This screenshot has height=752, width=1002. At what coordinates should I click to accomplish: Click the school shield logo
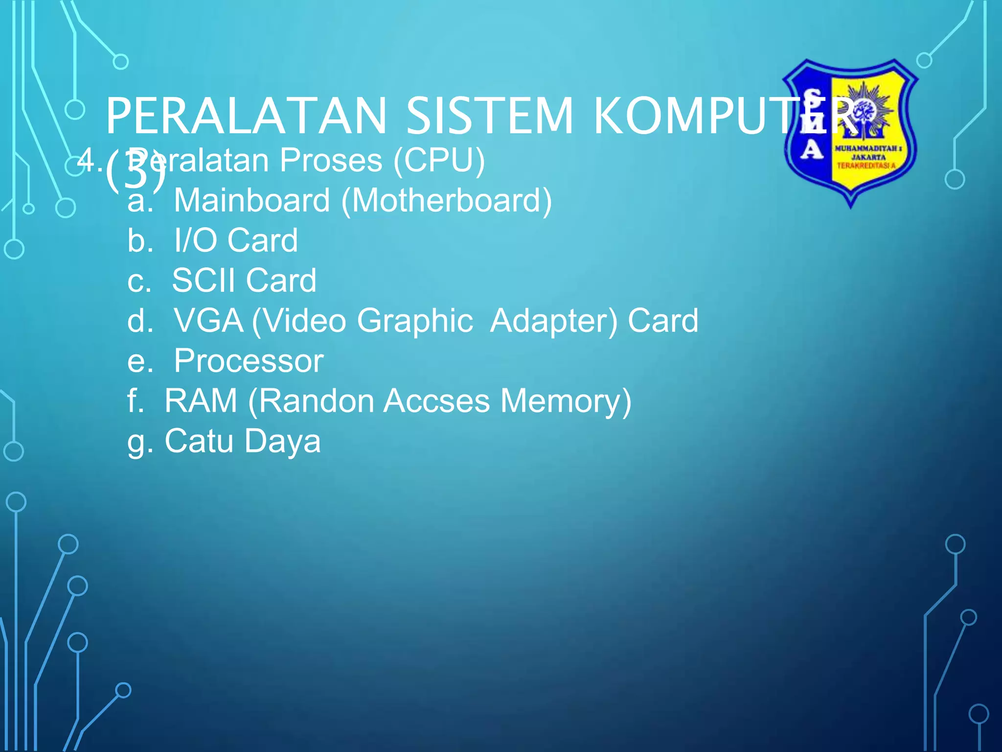pyautogui.click(x=850, y=132)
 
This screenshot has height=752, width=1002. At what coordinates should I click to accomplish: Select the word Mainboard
pyautogui.click(x=252, y=200)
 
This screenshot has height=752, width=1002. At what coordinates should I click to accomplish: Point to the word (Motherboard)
pyautogui.click(x=446, y=201)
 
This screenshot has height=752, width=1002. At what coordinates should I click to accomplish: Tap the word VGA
pyautogui.click(x=208, y=321)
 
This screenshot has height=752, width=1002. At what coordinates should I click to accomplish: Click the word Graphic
pyautogui.click(x=415, y=322)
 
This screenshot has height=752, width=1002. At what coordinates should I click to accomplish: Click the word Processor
pyautogui.click(x=249, y=361)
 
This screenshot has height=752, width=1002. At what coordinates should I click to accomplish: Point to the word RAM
pyautogui.click(x=201, y=401)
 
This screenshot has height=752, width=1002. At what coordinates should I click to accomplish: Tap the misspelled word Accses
pyautogui.click(x=436, y=401)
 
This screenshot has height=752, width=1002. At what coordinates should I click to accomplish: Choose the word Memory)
pyautogui.click(x=566, y=402)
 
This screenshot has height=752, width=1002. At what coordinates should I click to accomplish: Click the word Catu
pyautogui.click(x=199, y=441)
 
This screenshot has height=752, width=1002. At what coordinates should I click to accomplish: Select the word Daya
pyautogui.click(x=282, y=442)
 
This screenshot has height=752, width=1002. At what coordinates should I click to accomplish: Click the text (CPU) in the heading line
pyautogui.click(x=439, y=161)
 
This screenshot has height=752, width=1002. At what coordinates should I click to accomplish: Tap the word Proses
pyautogui.click(x=331, y=161)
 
